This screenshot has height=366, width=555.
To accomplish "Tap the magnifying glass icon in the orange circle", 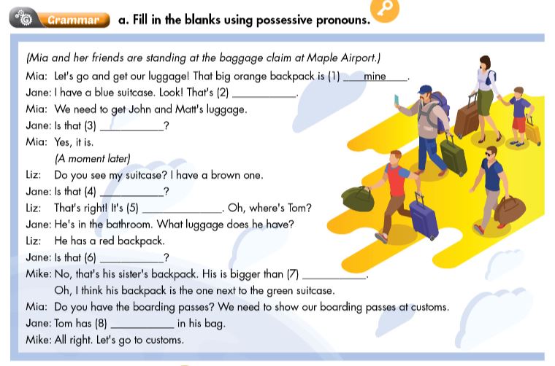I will tap(385, 9).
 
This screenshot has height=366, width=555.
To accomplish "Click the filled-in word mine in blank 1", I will tap(375, 77).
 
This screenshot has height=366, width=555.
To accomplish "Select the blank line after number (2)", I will tap(264, 93).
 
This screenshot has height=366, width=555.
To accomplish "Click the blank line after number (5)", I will tap(182, 209).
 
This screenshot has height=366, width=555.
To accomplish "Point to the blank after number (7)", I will tap(334, 275).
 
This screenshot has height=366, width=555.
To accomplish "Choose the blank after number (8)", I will tap(142, 324).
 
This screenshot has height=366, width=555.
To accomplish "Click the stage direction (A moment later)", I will tap(92, 158).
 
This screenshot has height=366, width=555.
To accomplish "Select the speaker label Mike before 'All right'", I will tap(38, 340).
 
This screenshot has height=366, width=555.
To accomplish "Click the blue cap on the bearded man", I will tap(425, 90).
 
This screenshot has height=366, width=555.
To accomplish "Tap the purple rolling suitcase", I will tap(424, 218).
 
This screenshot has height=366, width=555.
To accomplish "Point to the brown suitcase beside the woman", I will tap(466, 119).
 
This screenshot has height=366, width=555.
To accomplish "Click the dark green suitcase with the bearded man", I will tap(453, 156).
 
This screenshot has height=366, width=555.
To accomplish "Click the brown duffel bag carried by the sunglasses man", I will tap(510, 210).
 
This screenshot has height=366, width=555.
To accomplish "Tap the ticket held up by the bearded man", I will tap(397, 99).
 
